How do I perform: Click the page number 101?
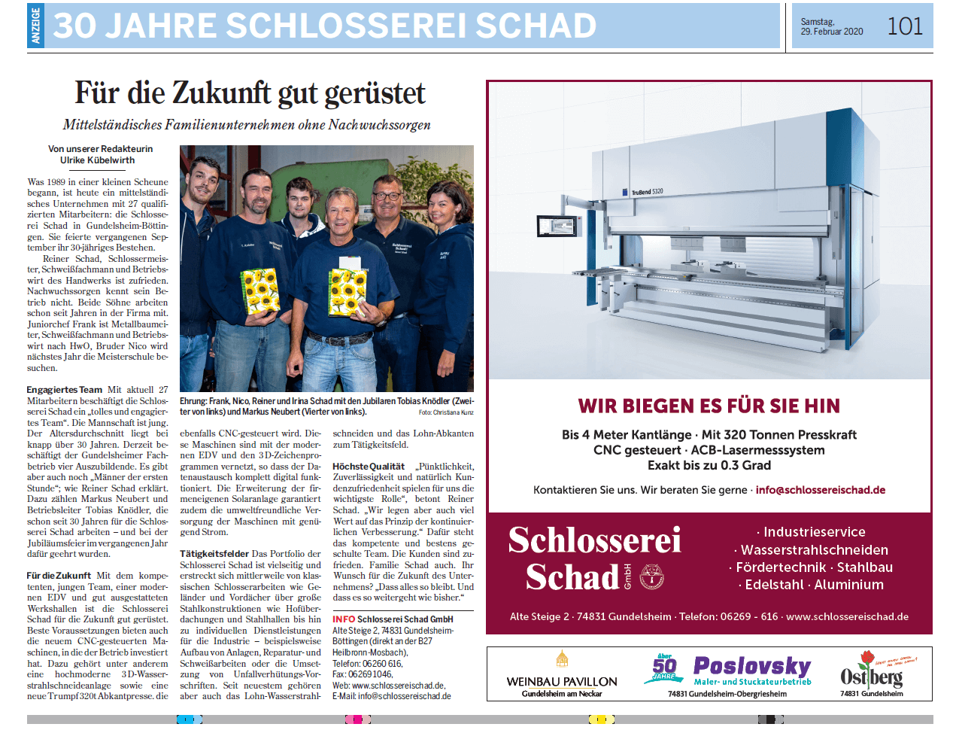tap(904, 26)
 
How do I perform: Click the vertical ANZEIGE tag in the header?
tap(35, 26)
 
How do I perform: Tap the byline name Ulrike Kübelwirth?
tap(98, 160)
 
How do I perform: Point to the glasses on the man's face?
tap(387, 196)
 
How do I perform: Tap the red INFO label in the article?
tap(344, 619)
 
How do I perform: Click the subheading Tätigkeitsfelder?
tap(214, 553)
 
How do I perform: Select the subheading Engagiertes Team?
tap(65, 389)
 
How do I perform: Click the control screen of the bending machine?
tap(553, 226)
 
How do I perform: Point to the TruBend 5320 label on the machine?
tap(646, 192)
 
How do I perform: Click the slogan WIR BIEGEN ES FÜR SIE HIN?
tap(709, 406)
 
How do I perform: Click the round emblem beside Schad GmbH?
tap(651, 577)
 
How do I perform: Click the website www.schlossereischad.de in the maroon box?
tap(847, 616)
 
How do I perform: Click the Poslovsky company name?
tap(751, 666)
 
